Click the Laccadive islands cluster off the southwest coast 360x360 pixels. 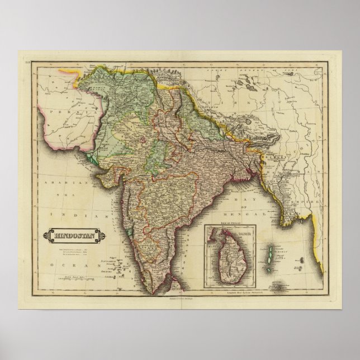(103, 263)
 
